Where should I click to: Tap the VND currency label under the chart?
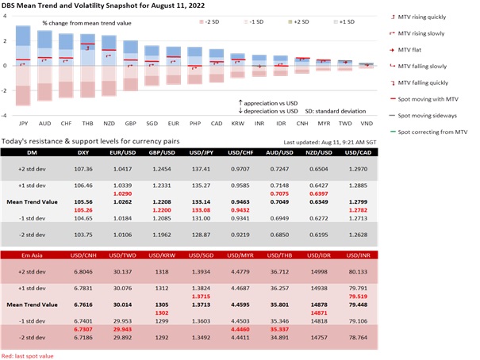pos(366,124)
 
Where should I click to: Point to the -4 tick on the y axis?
pos(6,116)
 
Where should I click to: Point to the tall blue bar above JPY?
pos(23,44)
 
